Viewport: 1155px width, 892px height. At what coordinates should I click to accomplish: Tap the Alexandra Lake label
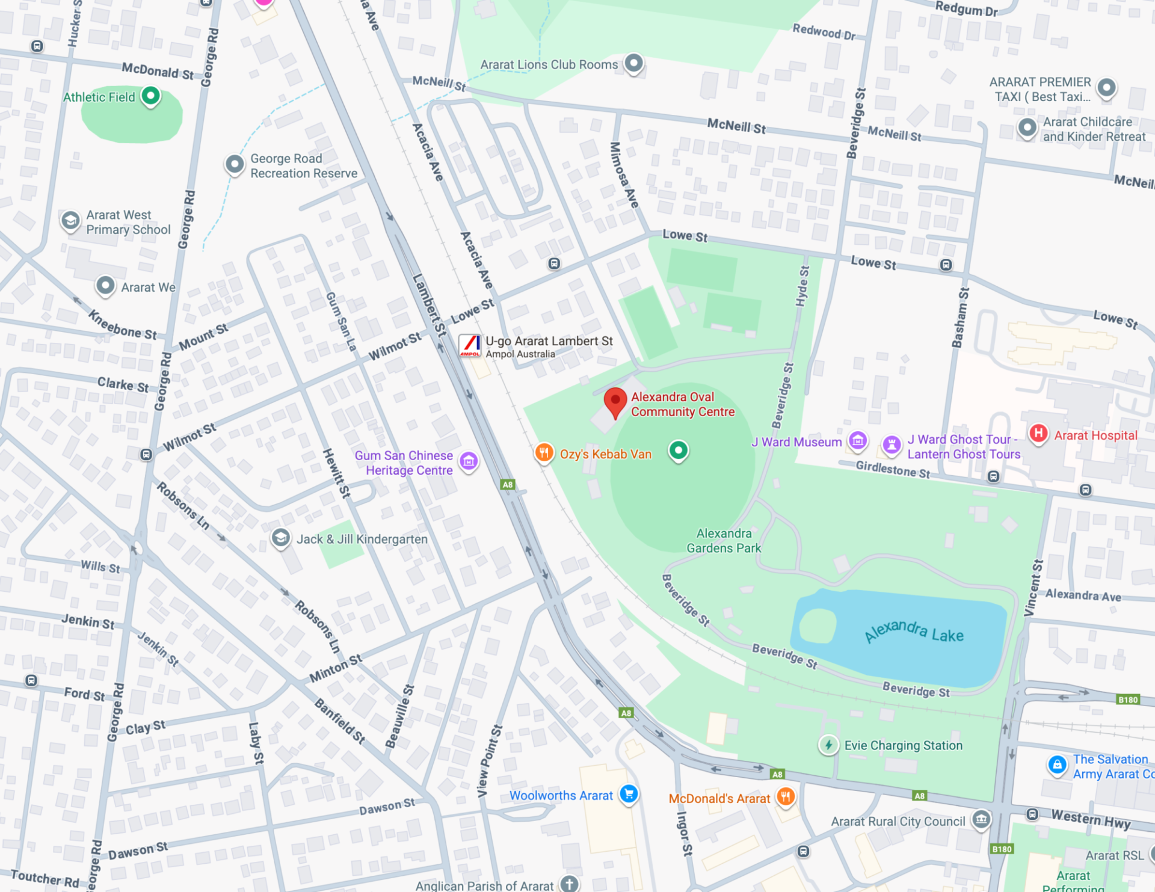coord(914,631)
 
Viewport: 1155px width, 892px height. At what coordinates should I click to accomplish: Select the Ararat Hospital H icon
coord(1038,434)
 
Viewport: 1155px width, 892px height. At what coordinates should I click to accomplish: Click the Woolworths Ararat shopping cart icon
coord(629,794)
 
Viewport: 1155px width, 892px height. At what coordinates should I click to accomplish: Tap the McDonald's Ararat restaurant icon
coord(786,797)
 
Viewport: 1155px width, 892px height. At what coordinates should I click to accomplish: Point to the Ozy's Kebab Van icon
coord(544,453)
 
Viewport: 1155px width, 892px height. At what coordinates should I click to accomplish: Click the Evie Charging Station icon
coord(828,745)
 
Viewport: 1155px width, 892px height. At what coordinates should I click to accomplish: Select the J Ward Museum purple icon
coord(858,441)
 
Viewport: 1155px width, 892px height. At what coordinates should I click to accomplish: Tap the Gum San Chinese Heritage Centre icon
coord(469,462)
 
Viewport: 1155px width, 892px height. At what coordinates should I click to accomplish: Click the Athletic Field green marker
coord(150,96)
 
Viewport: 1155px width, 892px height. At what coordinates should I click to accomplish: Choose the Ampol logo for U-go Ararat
coord(470,346)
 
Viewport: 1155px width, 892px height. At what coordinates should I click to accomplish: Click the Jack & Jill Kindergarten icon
coord(280,538)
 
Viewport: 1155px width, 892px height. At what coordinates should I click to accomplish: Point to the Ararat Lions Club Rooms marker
coord(633,63)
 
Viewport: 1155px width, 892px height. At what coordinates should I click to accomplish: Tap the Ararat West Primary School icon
coord(70,221)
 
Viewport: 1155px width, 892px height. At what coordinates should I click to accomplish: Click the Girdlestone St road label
coord(893,469)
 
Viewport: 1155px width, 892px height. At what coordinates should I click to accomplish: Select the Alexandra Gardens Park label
coord(724,540)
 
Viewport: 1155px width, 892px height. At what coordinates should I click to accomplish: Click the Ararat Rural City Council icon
coord(981,819)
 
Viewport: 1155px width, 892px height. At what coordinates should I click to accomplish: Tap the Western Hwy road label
coord(1091,819)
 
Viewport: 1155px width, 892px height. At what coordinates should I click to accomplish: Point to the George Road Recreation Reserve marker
coord(234,164)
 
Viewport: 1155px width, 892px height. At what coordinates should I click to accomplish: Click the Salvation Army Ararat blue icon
coord(1057,765)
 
